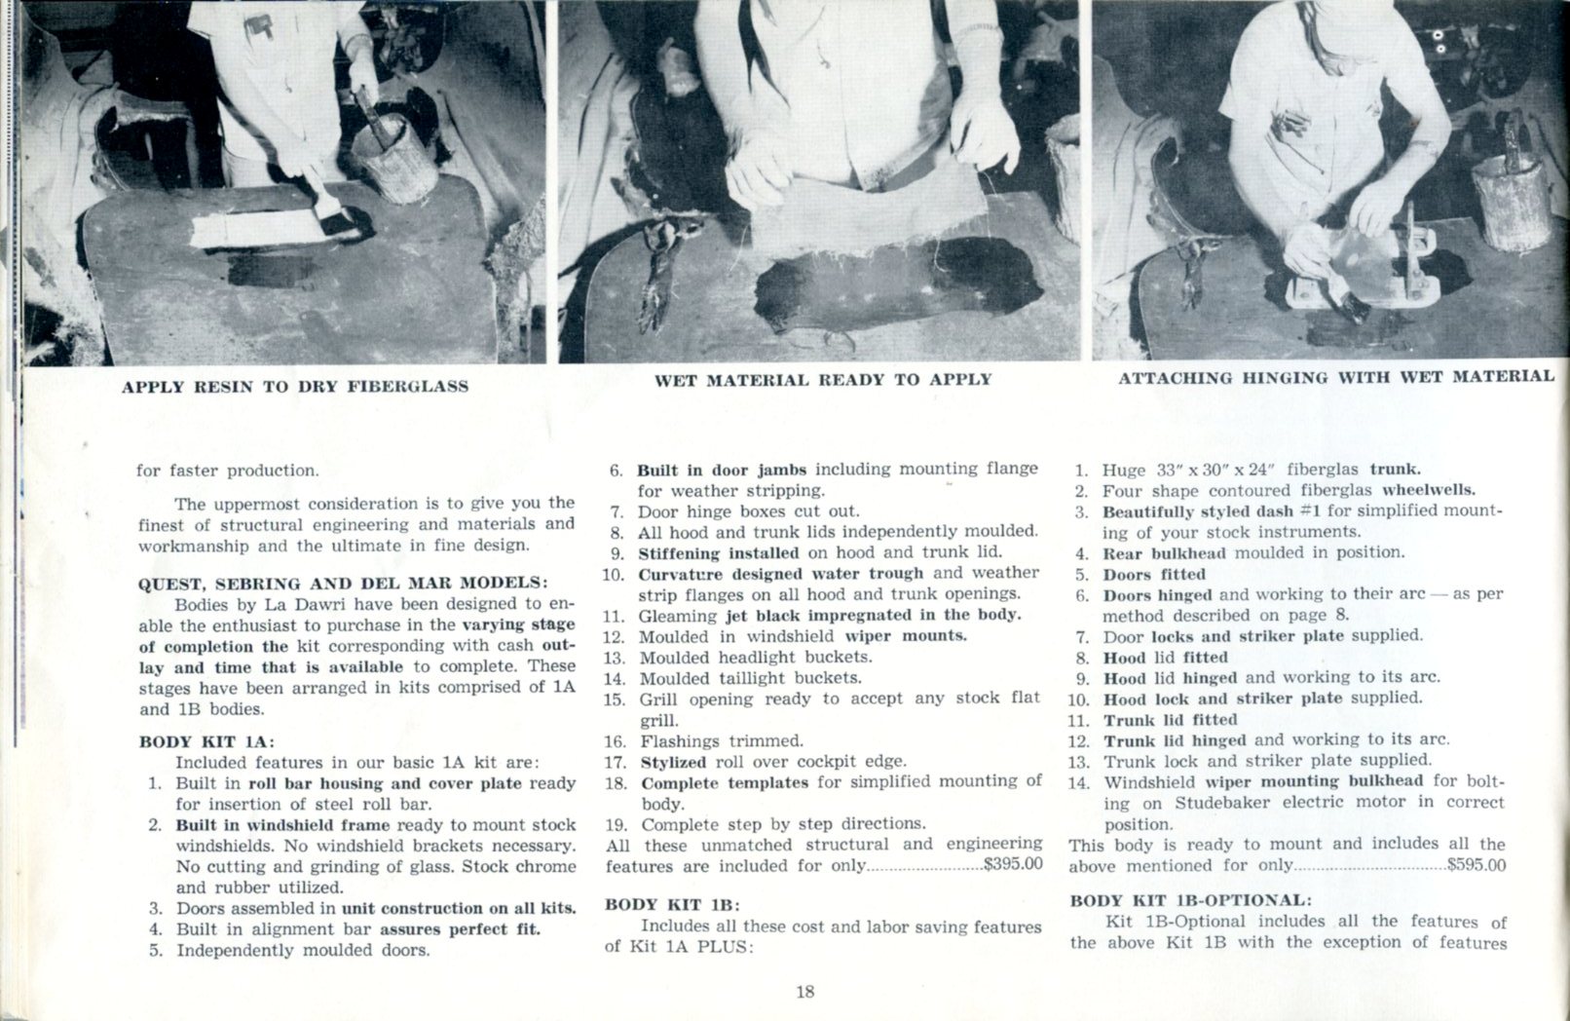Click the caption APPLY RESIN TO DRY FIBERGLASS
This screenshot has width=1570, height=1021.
[x=294, y=387]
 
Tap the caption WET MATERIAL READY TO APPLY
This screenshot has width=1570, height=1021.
[x=822, y=380]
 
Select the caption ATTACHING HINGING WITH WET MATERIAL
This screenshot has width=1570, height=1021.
[x=1335, y=377]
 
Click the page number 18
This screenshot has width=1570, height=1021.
[x=804, y=993]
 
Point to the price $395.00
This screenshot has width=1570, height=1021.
[x=1013, y=864]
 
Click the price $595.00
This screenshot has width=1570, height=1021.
[x=1477, y=864]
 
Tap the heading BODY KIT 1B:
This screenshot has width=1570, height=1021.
[x=672, y=904]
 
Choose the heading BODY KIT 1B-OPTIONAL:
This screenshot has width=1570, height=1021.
[x=1190, y=900]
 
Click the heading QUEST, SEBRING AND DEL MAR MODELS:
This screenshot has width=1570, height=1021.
[x=343, y=584]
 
